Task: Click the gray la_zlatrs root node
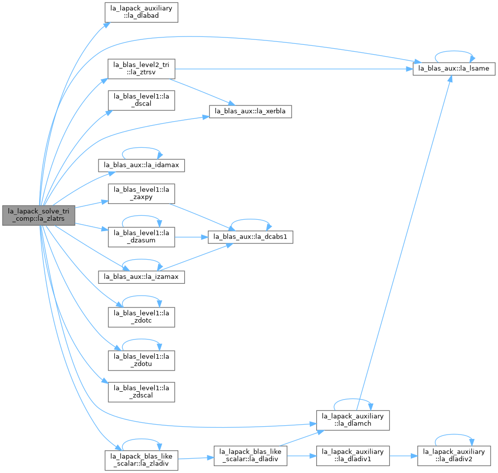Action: point(39,215)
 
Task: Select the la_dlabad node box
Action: point(141,12)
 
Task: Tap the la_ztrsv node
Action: point(141,69)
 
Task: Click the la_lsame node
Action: point(454,68)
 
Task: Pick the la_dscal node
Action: point(141,101)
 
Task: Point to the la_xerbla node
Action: point(250,111)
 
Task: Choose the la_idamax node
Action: point(141,165)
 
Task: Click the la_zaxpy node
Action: point(141,194)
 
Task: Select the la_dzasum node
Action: point(141,237)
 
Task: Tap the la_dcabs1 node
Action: point(250,237)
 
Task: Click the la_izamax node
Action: point(141,277)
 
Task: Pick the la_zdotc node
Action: point(141,317)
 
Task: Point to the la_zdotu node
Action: point(141,360)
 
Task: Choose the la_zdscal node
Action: point(141,392)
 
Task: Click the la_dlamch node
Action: point(353,420)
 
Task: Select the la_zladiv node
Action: point(141,460)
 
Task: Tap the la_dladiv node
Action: point(250,456)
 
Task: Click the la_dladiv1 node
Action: point(353,456)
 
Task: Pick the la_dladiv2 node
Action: point(454,456)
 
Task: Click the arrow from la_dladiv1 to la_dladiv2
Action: point(403,456)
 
